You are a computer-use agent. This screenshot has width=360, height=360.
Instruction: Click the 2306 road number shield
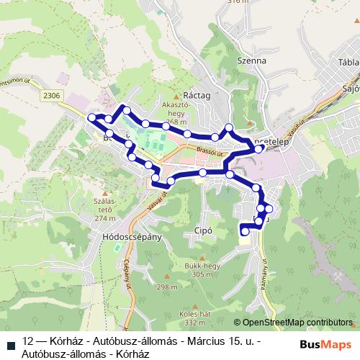pos(51,94)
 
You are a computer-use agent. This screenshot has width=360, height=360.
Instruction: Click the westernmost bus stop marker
pos(91,117)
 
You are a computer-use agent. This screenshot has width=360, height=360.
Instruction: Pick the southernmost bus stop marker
pos(244,231)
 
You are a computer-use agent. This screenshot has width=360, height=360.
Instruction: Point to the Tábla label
pos(347,62)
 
